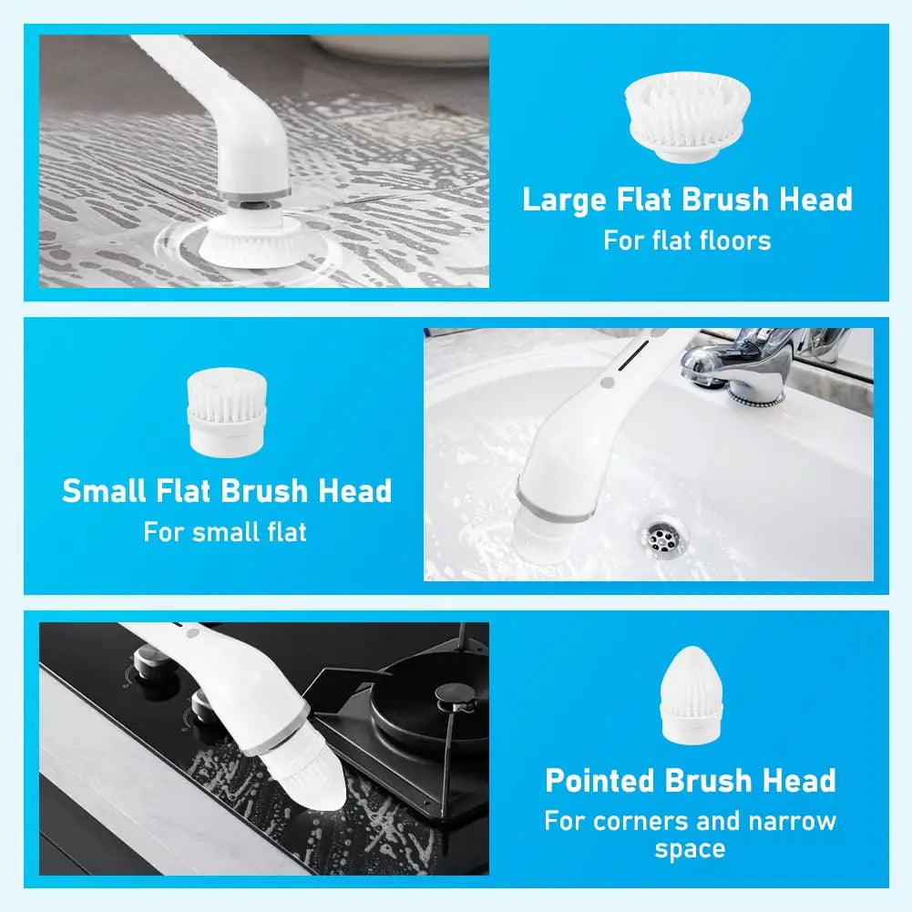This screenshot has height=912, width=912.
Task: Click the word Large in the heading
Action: click(x=564, y=200)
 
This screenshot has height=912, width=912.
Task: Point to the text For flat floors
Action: click(x=687, y=241)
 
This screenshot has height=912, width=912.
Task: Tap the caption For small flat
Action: click(x=225, y=531)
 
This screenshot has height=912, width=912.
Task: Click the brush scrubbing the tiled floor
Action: click(x=248, y=239)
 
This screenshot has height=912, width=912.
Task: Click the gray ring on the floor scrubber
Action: click(x=254, y=193)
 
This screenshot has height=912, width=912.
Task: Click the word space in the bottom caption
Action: click(x=690, y=849)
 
